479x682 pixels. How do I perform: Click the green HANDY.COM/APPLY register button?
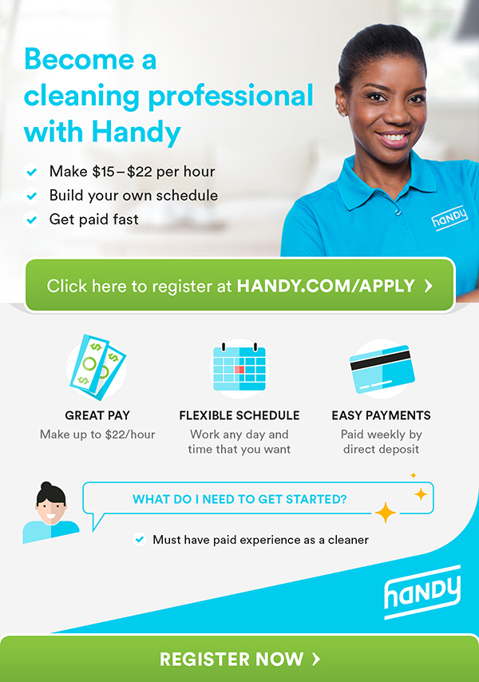(240, 285)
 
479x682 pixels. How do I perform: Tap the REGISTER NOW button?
(239, 659)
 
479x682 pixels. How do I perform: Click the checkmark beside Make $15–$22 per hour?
(32, 172)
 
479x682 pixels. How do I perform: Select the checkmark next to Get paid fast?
(32, 220)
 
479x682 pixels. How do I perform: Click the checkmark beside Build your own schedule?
(32, 196)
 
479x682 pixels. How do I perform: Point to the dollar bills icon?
(97, 367)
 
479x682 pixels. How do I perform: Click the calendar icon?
(239, 367)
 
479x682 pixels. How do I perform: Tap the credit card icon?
(382, 369)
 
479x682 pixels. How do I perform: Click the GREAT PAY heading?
(97, 415)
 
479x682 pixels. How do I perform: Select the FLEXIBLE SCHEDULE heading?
(239, 415)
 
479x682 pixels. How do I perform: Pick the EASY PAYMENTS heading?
(381, 415)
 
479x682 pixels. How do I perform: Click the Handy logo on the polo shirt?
(449, 216)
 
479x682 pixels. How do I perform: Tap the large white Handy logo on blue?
(422, 592)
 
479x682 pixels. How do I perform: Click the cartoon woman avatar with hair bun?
(51, 513)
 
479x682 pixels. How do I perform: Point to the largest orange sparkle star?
(385, 513)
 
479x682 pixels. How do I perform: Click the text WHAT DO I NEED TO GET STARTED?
(239, 499)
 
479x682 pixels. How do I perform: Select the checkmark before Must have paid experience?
(140, 540)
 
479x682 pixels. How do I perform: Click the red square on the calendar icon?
(239, 369)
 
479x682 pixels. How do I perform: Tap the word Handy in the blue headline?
(136, 133)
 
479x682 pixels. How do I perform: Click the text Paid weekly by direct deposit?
(381, 442)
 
